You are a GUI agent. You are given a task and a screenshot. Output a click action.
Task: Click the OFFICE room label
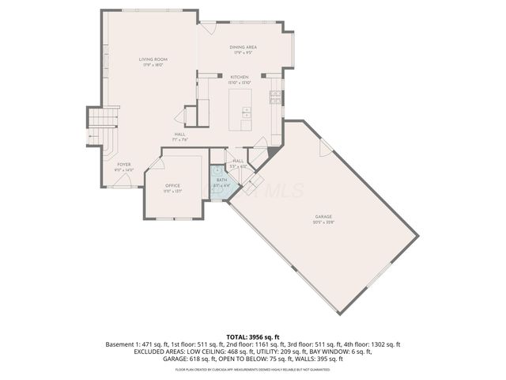point(172,188)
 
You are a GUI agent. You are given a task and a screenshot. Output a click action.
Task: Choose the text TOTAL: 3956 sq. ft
point(252,336)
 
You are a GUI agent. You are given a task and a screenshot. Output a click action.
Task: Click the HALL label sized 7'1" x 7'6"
point(180,137)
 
